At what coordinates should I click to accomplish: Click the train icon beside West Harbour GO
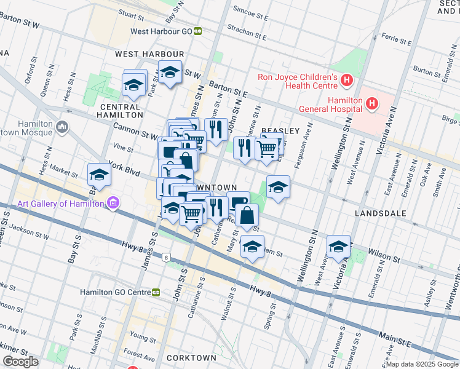198,31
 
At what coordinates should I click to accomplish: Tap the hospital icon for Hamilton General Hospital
371,104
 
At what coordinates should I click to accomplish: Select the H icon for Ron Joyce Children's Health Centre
347,80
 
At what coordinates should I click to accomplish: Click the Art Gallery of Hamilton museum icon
112,203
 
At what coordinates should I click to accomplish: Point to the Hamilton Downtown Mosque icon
61,127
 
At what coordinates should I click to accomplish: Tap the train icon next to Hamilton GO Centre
156,292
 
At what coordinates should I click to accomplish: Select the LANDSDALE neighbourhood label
381,213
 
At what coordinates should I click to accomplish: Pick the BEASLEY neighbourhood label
280,131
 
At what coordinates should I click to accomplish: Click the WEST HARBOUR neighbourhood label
141,54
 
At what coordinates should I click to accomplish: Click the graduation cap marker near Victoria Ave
338,247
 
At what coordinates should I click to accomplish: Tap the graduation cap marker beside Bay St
99,175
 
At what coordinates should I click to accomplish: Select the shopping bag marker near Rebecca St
247,216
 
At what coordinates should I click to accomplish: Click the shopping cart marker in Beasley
266,148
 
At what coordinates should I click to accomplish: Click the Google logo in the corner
20,362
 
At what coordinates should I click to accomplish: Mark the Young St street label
143,338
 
